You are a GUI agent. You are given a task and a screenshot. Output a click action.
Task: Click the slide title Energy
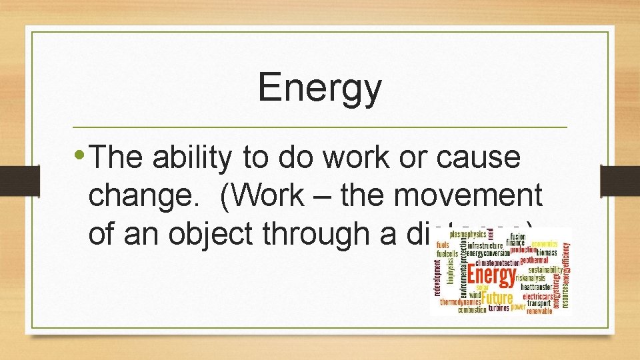click(320, 88)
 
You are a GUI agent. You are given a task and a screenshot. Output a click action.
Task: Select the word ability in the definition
click(193, 157)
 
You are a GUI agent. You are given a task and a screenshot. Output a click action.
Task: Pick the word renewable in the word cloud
click(539, 310)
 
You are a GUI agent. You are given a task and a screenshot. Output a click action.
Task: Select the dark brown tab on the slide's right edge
click(619, 180)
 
